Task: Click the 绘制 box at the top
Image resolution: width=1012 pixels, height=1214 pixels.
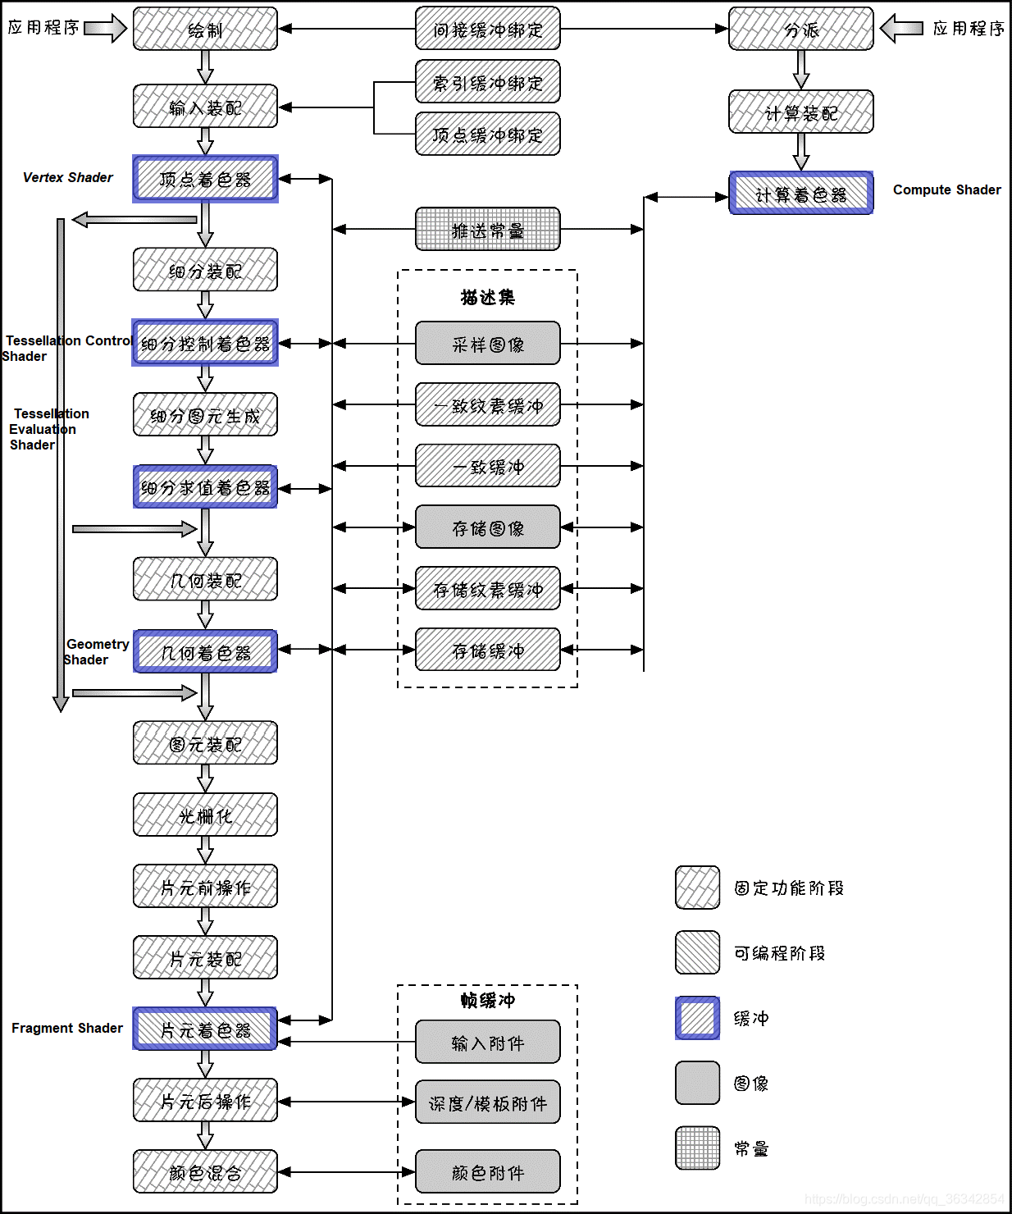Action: coord(205,30)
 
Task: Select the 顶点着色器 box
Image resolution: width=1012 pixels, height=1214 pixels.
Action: coord(205,179)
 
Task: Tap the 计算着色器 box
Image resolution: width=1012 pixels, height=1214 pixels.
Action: coord(800,194)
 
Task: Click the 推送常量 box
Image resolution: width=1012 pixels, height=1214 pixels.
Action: coord(487,230)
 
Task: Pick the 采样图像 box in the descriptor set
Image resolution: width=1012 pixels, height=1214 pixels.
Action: coord(487,344)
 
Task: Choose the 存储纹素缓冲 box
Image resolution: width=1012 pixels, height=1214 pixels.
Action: coord(487,589)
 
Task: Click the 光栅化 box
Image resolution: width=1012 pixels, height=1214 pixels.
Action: coord(205,815)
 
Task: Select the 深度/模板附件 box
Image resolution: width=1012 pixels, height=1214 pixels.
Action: coord(487,1103)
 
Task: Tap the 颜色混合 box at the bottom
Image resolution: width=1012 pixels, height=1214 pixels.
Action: coord(205,1172)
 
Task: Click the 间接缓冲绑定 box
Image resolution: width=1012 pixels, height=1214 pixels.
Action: coord(487,30)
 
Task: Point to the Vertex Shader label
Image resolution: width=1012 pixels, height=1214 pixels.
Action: coord(67,177)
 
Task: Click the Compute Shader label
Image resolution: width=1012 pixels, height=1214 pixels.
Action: coord(946,189)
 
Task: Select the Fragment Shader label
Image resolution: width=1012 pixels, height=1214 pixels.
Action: coord(66,1028)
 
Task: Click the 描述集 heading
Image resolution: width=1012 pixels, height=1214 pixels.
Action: coord(487,297)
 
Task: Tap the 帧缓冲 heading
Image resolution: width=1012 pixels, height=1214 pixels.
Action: coord(487,1000)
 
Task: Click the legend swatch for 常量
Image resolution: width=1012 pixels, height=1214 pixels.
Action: coord(697,1148)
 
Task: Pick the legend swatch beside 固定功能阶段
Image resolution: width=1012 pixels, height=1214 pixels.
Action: coord(697,888)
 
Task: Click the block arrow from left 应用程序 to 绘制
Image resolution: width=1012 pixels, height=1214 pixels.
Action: coord(105,28)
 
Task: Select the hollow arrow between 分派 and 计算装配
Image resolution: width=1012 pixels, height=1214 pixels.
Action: coord(801,70)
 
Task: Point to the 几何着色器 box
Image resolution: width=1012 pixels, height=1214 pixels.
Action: coord(205,652)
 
